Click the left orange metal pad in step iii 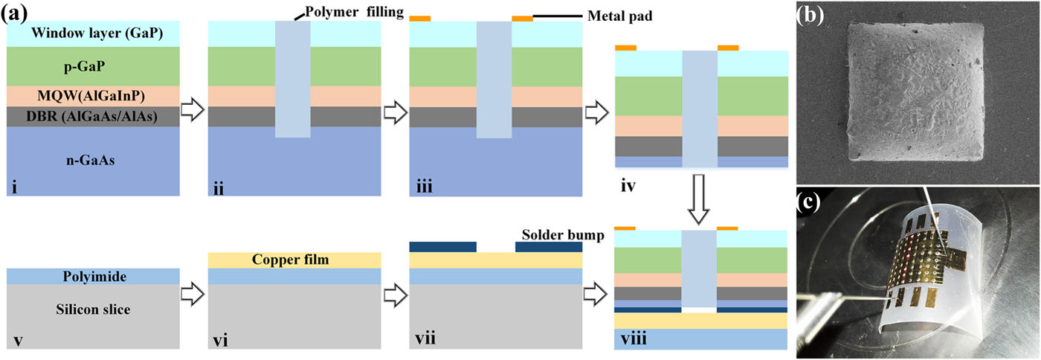point(420,18)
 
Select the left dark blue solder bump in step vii point(443,246)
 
